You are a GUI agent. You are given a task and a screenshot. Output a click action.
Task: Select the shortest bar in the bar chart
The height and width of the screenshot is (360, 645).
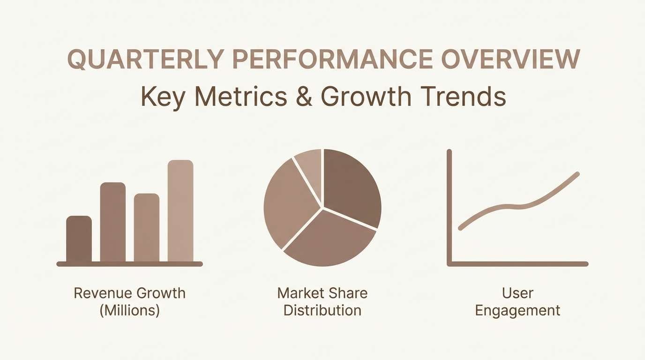79,239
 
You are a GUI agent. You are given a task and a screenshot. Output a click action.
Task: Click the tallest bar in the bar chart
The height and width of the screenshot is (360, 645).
180,211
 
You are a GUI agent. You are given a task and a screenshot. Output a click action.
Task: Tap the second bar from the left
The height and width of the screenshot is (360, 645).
113,222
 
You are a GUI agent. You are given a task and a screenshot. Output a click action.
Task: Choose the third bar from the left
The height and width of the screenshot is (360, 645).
147,228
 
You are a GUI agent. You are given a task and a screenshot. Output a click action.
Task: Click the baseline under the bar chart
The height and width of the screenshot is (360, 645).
129,264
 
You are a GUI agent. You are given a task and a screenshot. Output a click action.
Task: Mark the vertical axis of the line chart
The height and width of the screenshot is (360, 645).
449,206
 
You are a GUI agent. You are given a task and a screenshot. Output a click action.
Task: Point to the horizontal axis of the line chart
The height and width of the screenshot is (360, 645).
517,264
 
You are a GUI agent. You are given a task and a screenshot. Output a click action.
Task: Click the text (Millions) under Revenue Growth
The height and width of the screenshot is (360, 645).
129,310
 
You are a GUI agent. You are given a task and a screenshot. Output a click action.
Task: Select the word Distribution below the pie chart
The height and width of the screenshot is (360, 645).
322,310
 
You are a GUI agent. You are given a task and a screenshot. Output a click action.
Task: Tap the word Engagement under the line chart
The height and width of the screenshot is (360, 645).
517,310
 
